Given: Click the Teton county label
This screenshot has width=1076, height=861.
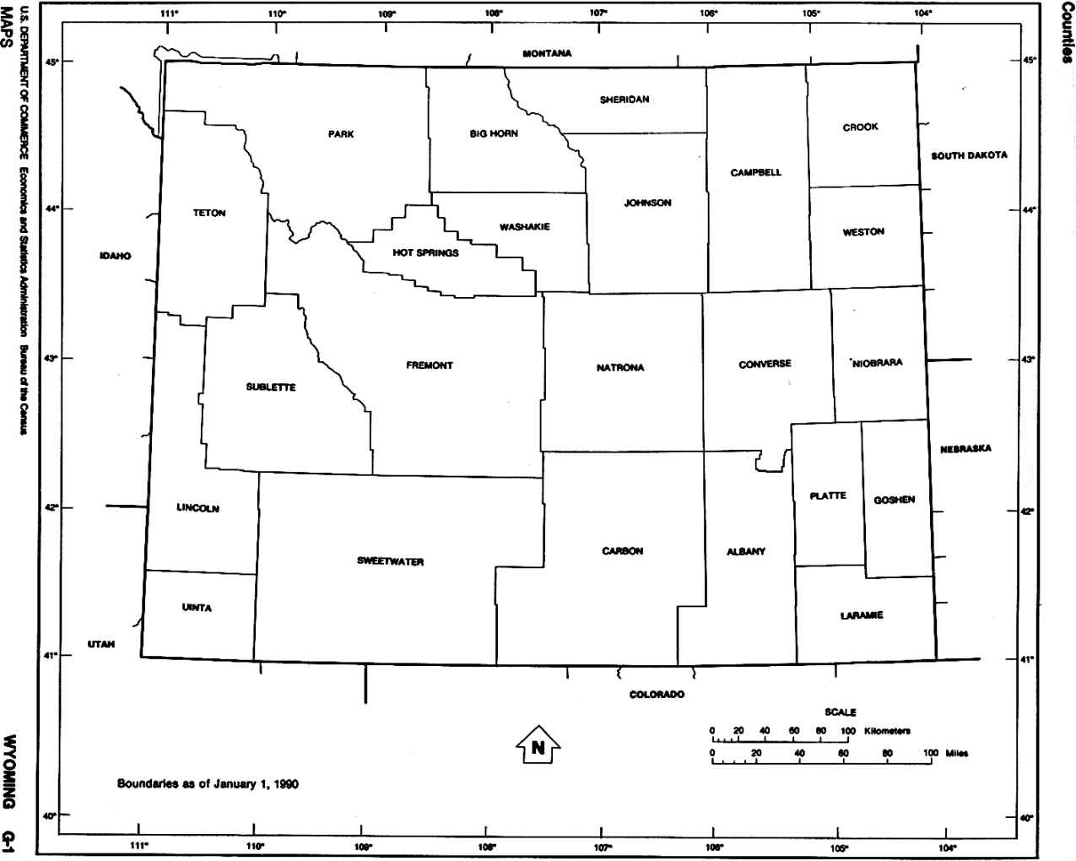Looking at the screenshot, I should [x=209, y=214].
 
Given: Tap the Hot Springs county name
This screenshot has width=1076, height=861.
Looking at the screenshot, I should [x=425, y=252].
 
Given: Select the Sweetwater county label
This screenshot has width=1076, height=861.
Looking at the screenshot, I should [x=390, y=561].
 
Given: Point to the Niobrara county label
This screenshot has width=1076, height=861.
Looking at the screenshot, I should [x=878, y=363].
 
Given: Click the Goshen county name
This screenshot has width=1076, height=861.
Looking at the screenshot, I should [x=894, y=500].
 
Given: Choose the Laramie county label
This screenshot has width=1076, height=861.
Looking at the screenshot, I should [x=861, y=615].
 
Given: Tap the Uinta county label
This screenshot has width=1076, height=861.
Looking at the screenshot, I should [x=197, y=608].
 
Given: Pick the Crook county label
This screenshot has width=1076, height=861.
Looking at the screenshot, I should [x=860, y=127].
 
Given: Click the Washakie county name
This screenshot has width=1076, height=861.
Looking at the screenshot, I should [x=524, y=227].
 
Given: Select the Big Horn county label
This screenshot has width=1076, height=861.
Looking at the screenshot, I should [x=494, y=133].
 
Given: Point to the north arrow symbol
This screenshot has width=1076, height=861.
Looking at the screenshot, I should [x=538, y=745].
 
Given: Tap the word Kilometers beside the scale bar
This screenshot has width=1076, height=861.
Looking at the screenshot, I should [x=887, y=730].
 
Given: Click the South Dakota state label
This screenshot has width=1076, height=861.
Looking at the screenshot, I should [x=969, y=155].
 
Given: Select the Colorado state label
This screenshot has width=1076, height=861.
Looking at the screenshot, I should [x=656, y=695].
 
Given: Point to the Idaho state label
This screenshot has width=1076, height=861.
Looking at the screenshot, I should [x=115, y=255].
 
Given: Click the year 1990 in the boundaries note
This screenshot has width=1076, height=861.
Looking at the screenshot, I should [x=285, y=783].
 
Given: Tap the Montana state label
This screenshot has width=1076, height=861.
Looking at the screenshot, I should [x=547, y=54].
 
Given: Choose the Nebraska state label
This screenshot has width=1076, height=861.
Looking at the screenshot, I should [x=965, y=449].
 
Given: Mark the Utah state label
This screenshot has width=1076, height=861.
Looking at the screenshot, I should [x=100, y=644].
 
